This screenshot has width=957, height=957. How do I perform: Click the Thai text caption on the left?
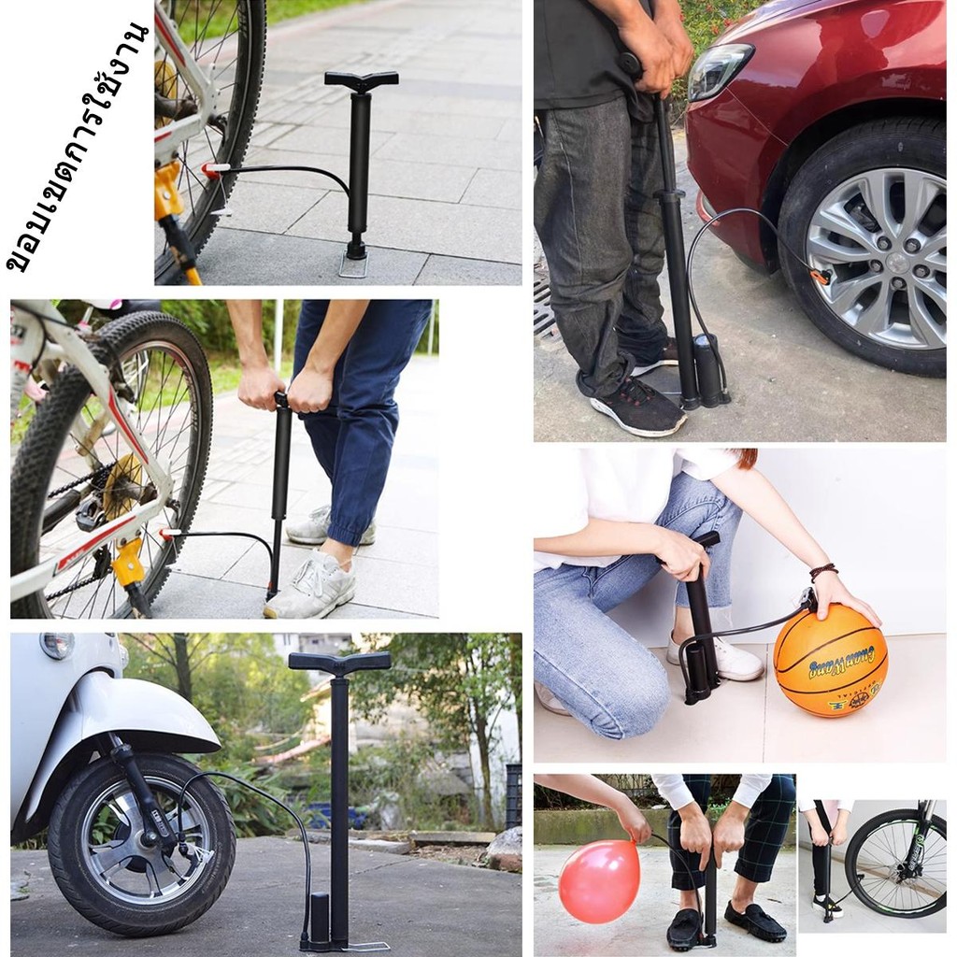click(78, 147)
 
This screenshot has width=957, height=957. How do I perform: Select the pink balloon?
click(599, 881)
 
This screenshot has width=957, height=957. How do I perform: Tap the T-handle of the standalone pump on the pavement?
click(362, 80)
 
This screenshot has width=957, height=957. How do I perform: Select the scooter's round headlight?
click(58, 645)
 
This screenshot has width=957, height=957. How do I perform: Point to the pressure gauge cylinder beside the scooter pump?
click(321, 918)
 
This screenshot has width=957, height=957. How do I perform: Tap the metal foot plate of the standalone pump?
click(353, 264)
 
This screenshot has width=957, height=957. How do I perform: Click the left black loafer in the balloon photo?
click(685, 927)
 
